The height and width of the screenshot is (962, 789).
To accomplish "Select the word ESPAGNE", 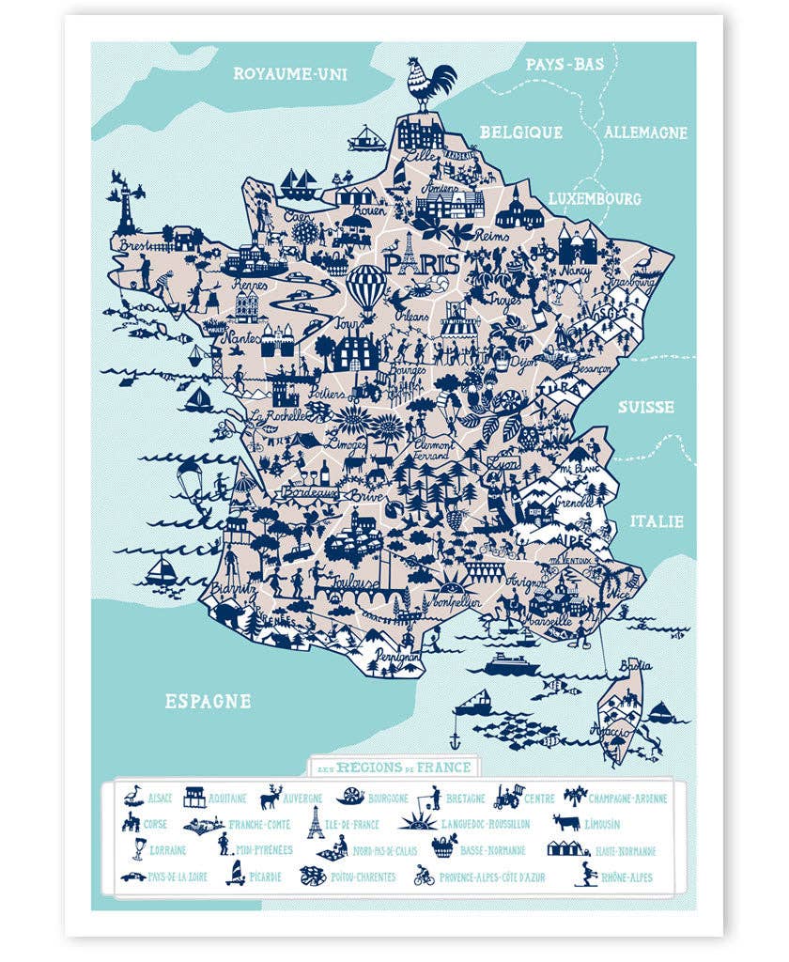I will tap(208, 700).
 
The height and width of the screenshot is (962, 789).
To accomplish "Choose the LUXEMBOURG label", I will tap(594, 199).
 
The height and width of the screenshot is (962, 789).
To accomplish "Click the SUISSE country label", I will tap(646, 407).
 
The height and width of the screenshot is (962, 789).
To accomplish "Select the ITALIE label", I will tap(657, 521).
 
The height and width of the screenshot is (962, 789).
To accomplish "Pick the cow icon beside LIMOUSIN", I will tap(567, 823).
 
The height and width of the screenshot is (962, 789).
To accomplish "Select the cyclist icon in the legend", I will tap(424, 877).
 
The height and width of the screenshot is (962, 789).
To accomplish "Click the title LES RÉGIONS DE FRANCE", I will tap(394, 768).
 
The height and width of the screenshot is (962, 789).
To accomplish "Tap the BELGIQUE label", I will tap(520, 132).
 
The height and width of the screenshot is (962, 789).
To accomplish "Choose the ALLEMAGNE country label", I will tap(645, 132).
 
